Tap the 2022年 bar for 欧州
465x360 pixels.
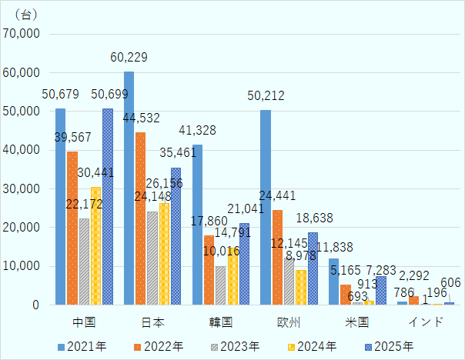[278, 257]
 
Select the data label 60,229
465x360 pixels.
[129, 58]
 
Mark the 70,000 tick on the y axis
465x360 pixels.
[25, 34]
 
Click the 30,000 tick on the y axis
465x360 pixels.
[25, 188]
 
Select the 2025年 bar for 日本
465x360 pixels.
[176, 236]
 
